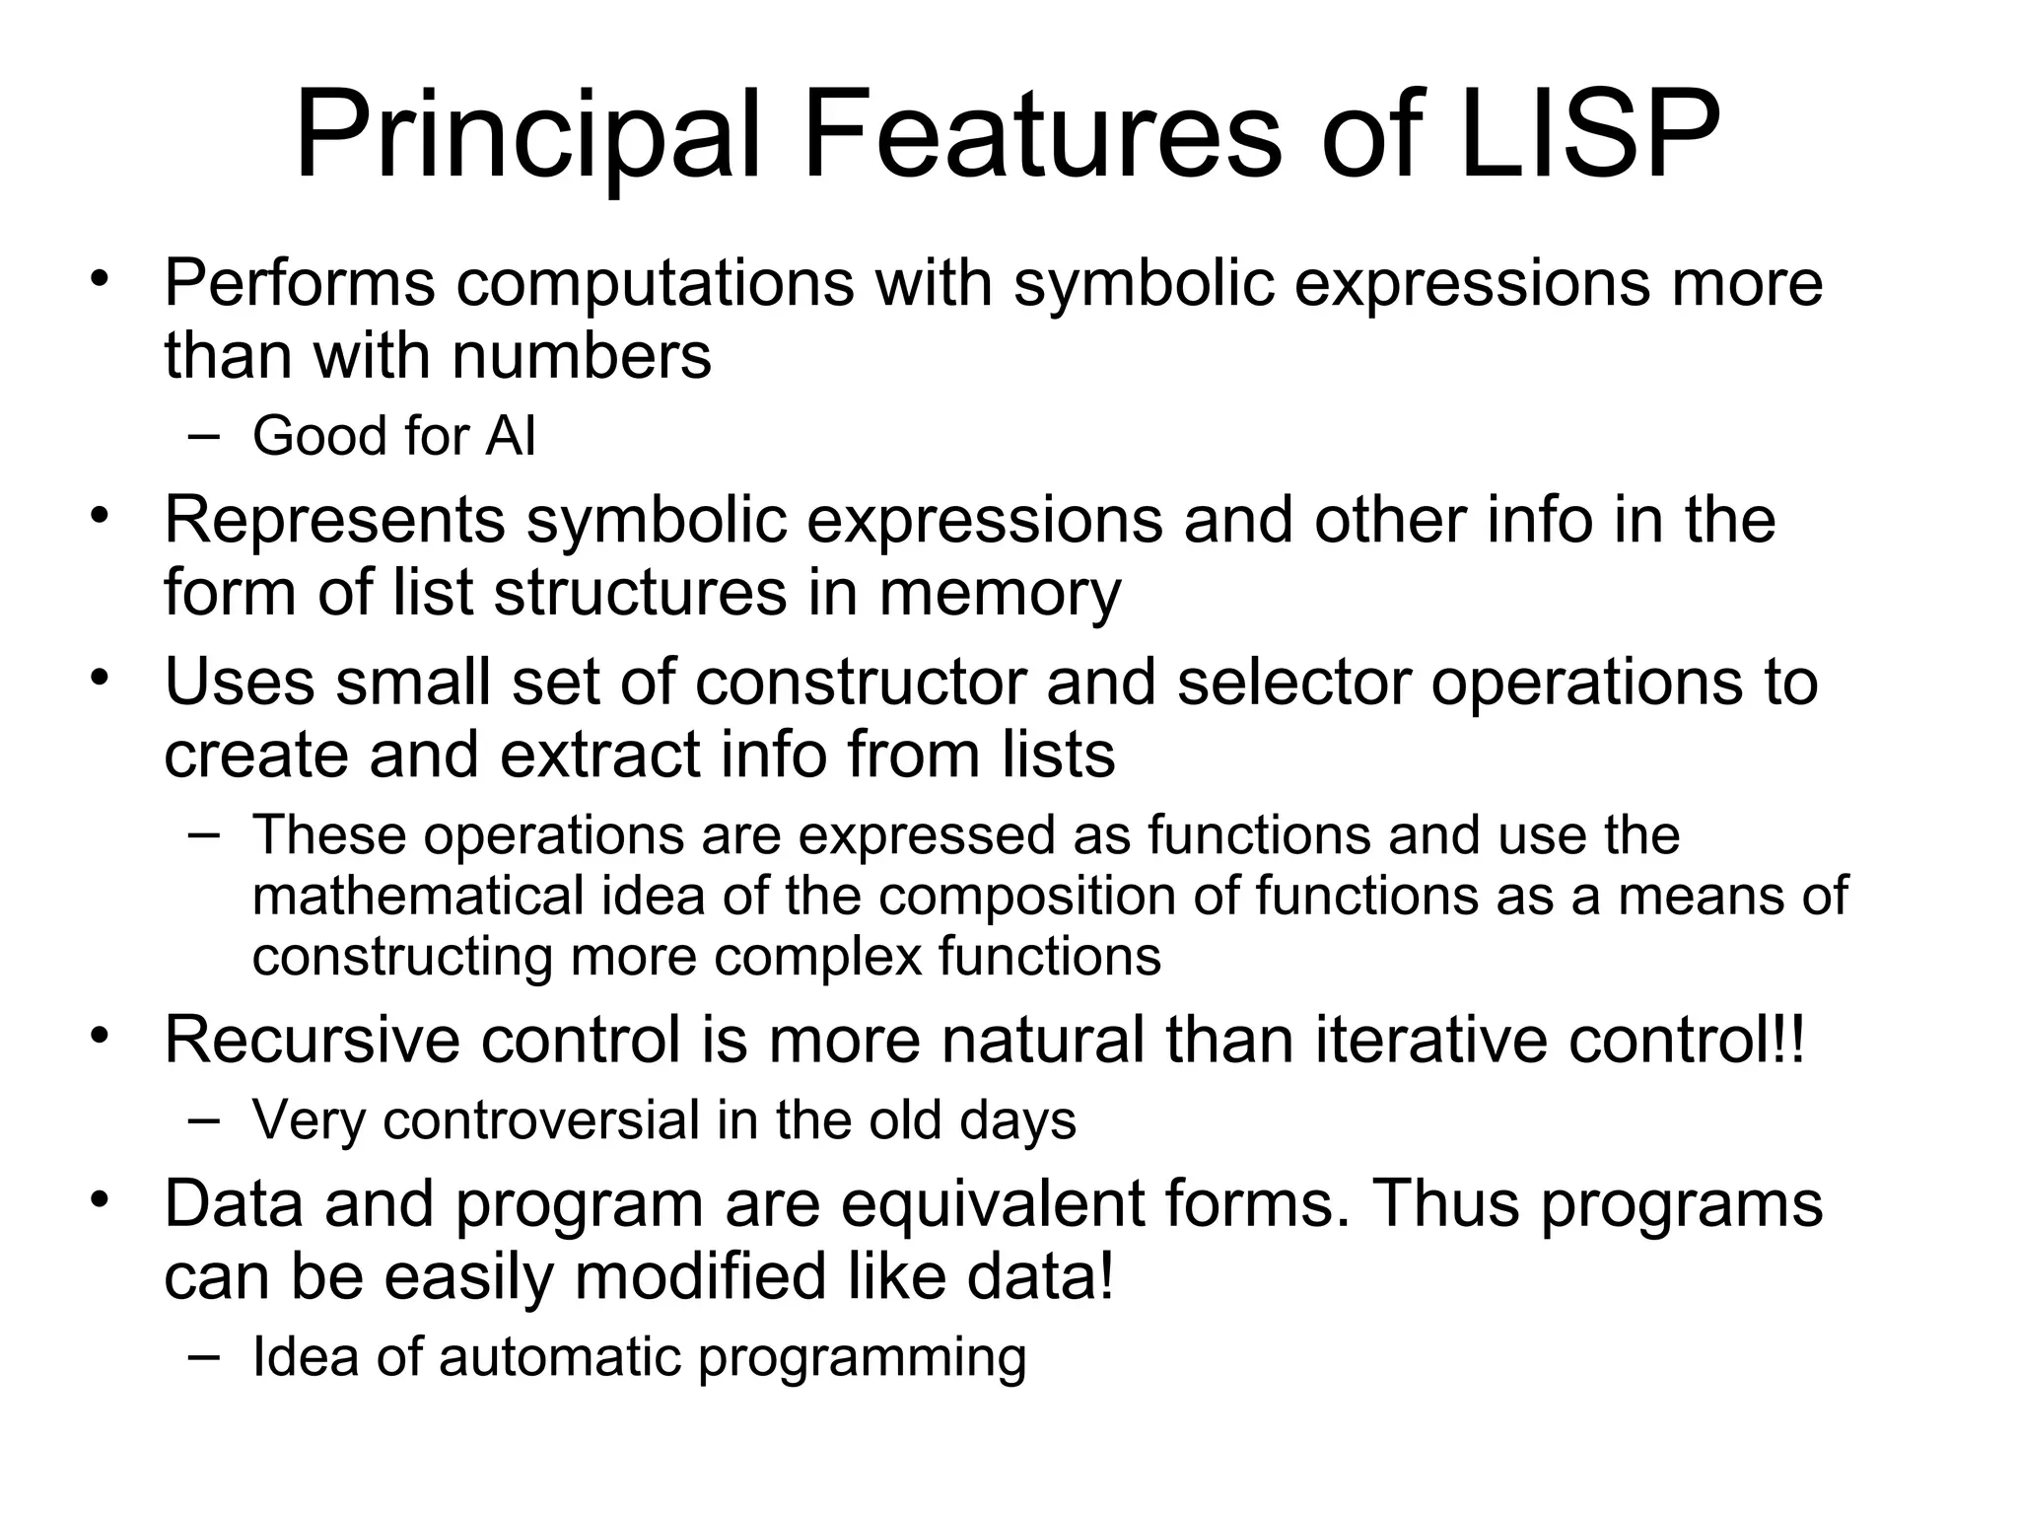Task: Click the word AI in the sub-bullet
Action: [510, 436]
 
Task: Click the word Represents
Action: [334, 521]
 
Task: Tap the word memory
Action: [999, 595]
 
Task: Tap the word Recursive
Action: [313, 1041]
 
